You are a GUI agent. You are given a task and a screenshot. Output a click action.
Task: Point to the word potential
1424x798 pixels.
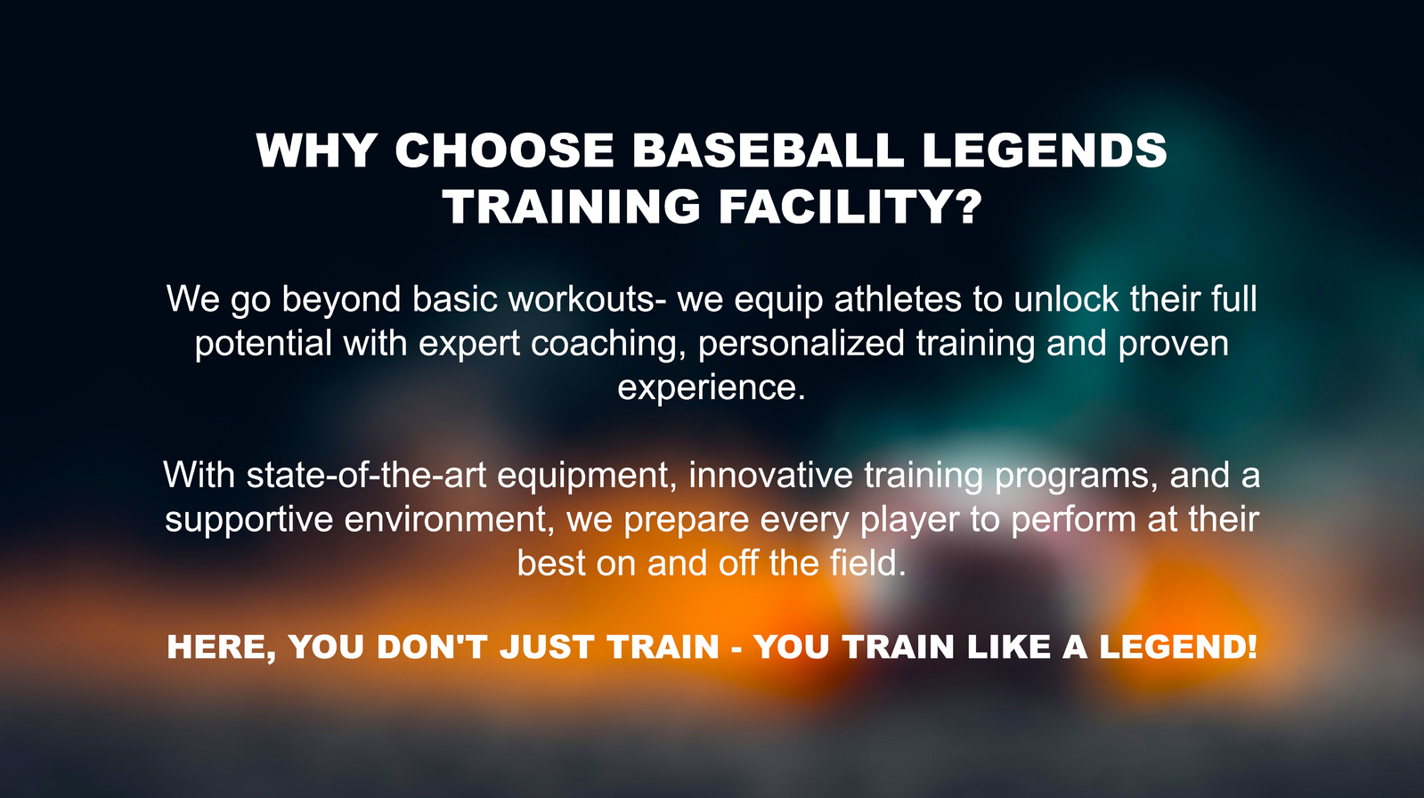click(x=264, y=344)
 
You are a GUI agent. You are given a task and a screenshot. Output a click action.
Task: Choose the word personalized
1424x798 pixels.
click(x=801, y=344)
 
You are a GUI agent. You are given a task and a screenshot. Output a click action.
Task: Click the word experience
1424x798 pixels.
click(x=712, y=387)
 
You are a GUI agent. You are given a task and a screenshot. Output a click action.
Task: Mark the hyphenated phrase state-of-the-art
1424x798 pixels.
click(x=366, y=475)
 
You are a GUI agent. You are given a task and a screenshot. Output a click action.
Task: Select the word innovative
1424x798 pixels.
click(x=770, y=475)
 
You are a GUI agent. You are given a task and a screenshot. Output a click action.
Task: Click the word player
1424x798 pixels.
click(x=910, y=519)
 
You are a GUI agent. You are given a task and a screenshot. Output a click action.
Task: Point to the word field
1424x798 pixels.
click(x=867, y=563)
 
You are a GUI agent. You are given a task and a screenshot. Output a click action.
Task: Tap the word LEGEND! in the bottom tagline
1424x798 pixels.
click(x=1178, y=647)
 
